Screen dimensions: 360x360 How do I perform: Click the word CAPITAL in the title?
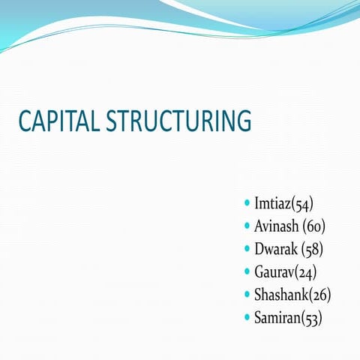click(x=58, y=122)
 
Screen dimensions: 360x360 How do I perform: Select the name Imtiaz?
click(x=273, y=203)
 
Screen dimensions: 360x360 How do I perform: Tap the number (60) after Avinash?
click(x=314, y=226)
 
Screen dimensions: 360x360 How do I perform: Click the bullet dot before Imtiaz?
click(x=247, y=203)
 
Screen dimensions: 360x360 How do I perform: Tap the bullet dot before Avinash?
click(x=247, y=226)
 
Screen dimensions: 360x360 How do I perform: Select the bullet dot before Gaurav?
click(x=247, y=271)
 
